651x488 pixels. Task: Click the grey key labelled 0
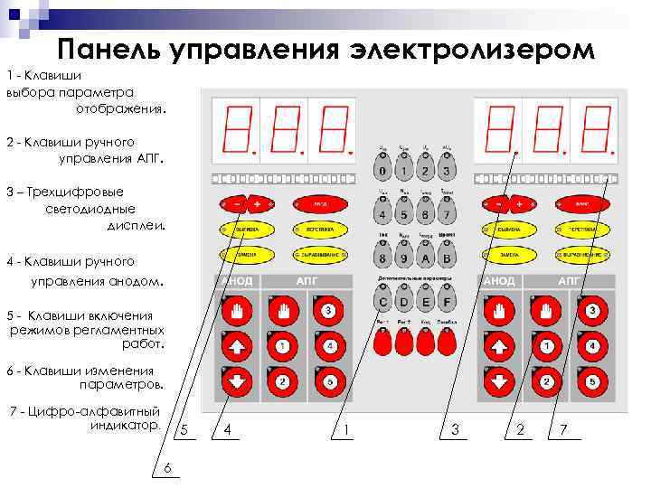383,171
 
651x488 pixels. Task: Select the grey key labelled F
446,303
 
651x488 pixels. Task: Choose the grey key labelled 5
404,215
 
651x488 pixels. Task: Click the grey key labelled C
383,303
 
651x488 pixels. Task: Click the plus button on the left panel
257,204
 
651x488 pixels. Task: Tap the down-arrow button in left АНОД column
236,380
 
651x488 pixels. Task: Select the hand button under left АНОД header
236,313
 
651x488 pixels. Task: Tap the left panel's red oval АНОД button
320,204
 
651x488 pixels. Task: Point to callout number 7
563,429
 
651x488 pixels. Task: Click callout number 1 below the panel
347,429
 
